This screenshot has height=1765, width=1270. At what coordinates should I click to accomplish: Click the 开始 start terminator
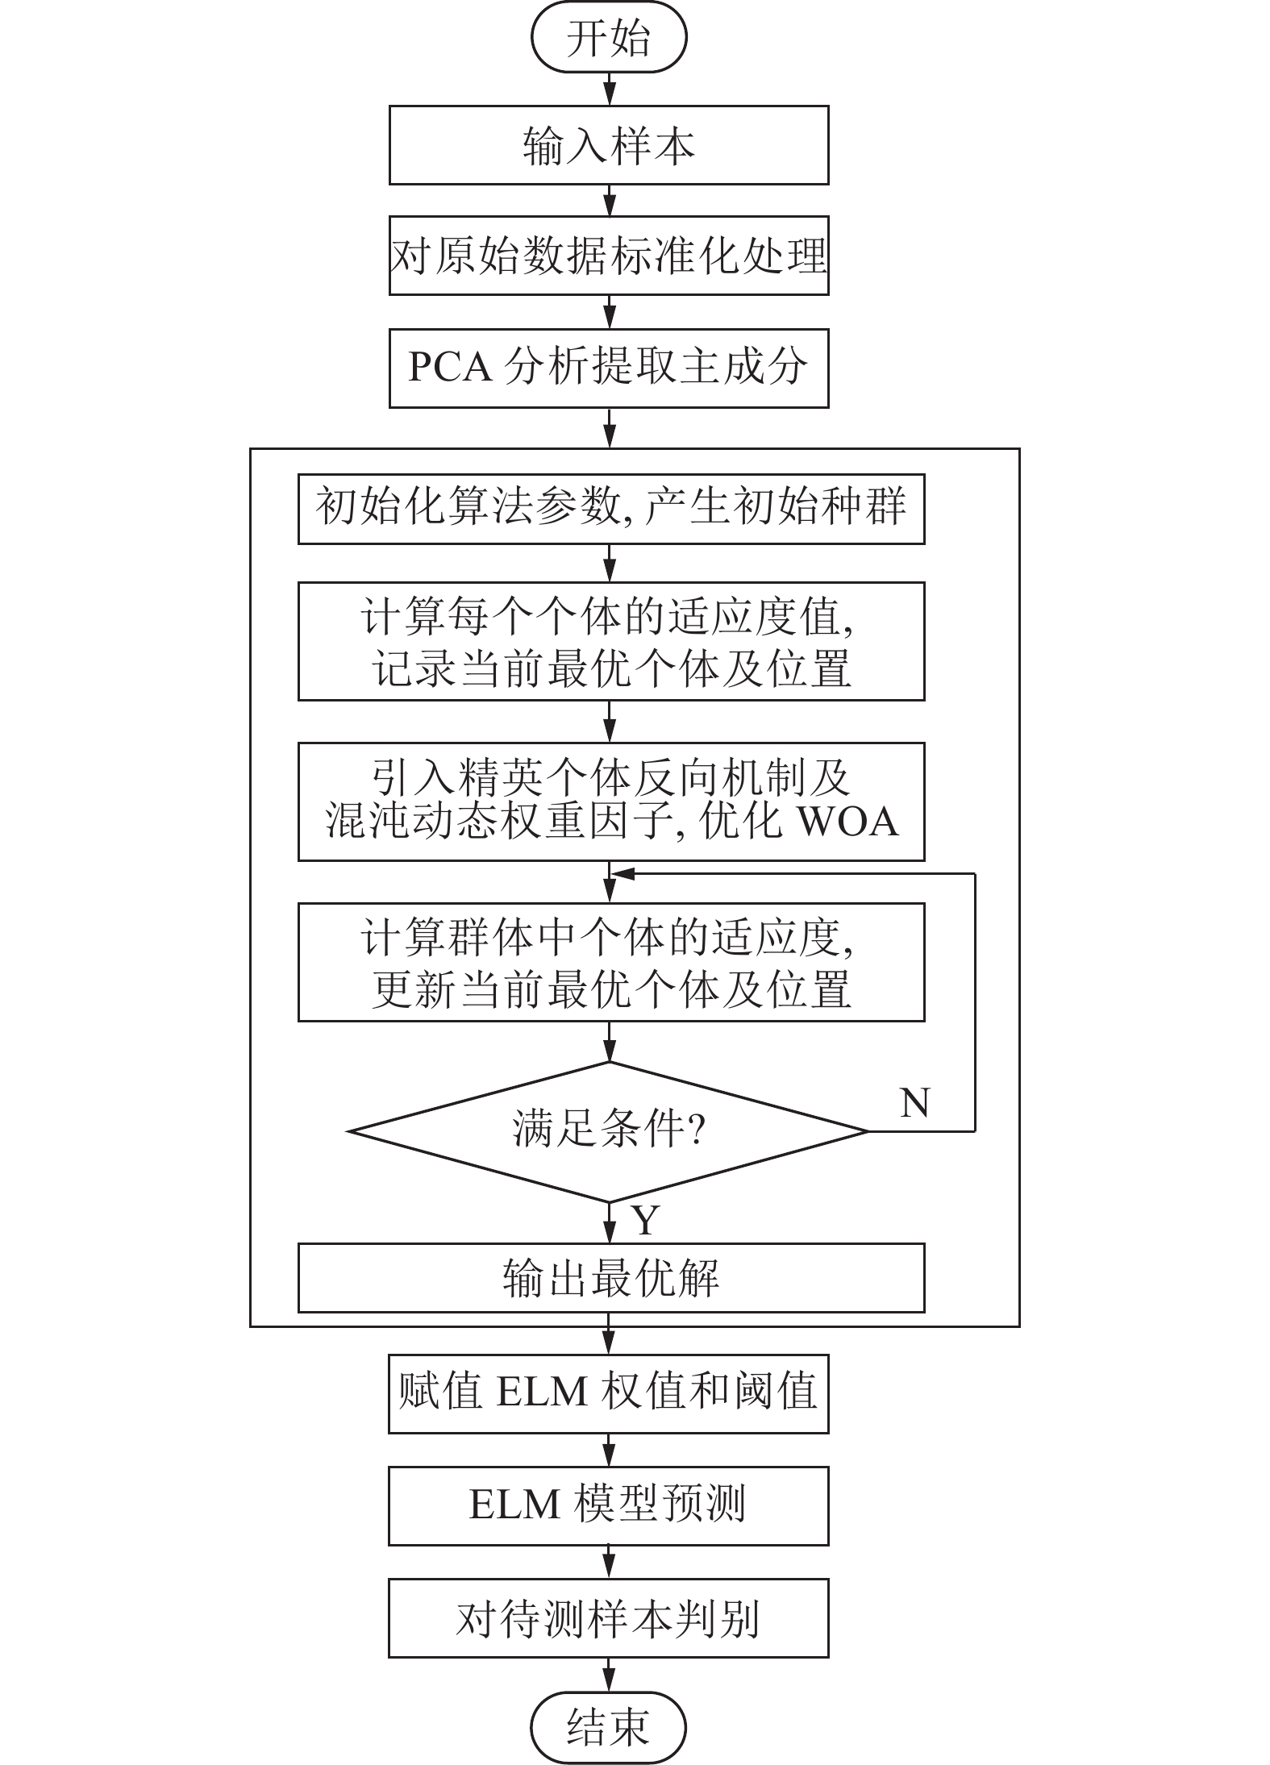609,38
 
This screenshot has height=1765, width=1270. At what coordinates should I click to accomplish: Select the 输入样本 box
609,145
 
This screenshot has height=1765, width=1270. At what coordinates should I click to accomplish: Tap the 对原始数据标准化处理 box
609,256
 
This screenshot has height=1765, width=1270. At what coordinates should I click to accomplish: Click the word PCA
450,368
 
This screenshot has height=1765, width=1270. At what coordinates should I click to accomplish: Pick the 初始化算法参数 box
610,509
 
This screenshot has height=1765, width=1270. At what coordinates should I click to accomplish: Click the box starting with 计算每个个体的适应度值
610,641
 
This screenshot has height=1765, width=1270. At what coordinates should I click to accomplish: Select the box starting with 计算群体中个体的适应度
610,962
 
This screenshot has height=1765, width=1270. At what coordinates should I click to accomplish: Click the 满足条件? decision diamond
609,1131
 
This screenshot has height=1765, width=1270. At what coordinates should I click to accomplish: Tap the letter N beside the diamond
914,1102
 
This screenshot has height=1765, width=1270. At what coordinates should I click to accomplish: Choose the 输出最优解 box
610,1278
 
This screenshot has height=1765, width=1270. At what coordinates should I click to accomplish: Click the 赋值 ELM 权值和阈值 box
609,1393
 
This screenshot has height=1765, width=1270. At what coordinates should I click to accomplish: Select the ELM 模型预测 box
609,1505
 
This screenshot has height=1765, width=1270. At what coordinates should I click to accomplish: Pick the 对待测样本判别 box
609,1617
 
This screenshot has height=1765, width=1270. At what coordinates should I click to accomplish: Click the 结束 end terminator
609,1728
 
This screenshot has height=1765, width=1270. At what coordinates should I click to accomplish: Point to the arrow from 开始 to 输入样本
610,89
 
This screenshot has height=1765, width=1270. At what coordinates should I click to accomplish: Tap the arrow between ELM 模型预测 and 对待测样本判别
610,1562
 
